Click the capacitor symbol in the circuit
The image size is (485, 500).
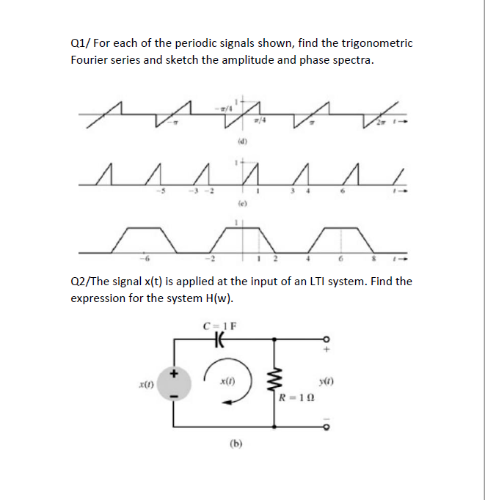click(217, 339)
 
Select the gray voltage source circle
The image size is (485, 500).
click(174, 383)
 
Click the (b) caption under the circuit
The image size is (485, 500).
click(236, 443)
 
